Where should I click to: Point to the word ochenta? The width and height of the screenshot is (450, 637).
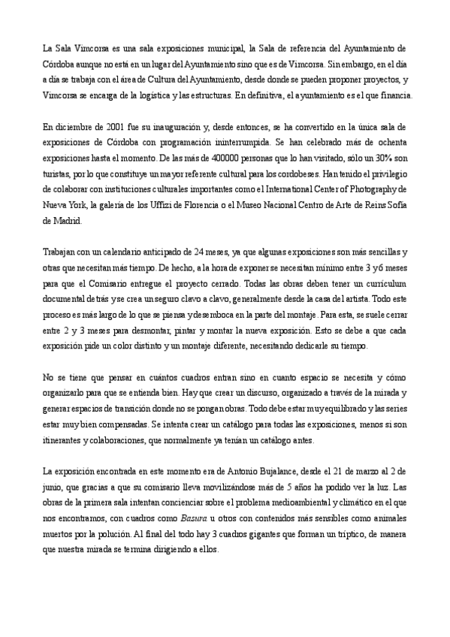[391, 143]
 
